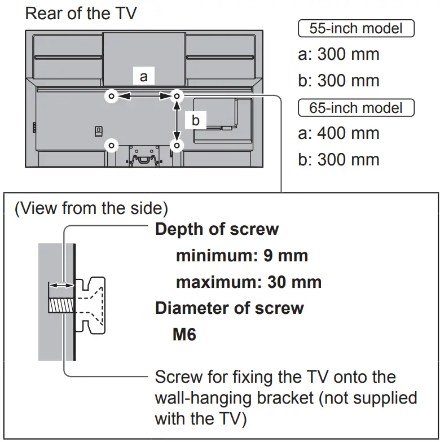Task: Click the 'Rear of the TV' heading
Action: click(x=81, y=14)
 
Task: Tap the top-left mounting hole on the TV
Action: click(x=111, y=97)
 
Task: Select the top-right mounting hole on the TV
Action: click(x=177, y=97)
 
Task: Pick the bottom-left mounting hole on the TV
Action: click(x=111, y=146)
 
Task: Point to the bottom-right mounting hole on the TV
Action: click(x=177, y=146)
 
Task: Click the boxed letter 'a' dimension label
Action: click(x=143, y=76)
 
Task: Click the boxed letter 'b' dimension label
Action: click(x=195, y=120)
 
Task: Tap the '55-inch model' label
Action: click(x=355, y=28)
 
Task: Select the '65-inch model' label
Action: click(x=355, y=107)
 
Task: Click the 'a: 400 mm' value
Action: click(x=338, y=134)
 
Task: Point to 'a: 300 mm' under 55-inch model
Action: click(x=338, y=54)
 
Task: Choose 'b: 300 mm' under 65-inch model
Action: click(x=338, y=160)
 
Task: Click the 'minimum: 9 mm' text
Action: click(x=242, y=255)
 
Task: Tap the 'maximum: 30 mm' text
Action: click(x=249, y=282)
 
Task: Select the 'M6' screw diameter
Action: click(x=184, y=334)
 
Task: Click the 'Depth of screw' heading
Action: click(x=217, y=229)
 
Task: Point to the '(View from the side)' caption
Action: click(x=91, y=208)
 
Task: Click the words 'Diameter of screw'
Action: click(x=229, y=308)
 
